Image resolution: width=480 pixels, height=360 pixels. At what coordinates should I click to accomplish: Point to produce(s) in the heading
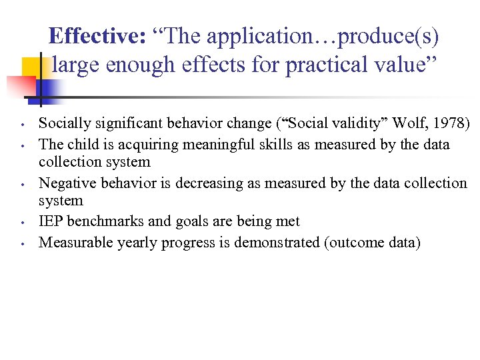point(389,36)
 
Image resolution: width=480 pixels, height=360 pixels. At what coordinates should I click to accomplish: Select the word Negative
point(65,183)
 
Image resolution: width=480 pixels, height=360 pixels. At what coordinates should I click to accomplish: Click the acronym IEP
point(51,221)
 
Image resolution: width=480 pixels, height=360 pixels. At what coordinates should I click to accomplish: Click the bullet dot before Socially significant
point(23,125)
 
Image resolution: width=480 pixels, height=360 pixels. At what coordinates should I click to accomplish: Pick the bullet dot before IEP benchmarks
point(23,223)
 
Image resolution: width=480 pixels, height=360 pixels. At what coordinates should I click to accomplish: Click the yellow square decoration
point(35,69)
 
